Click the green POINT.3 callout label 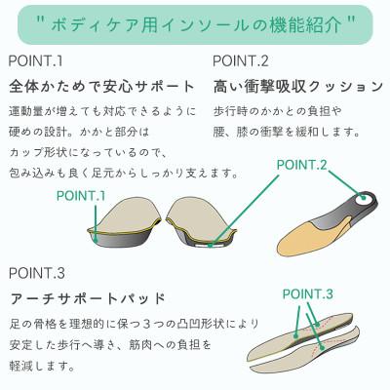pyautogui.click(x=307, y=292)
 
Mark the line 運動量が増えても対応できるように pyautogui.click(x=103, y=110)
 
